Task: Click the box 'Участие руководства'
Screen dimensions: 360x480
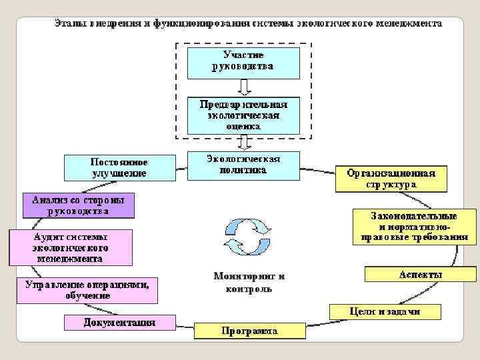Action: (x=243, y=61)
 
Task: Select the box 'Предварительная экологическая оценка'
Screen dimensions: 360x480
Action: (x=243, y=115)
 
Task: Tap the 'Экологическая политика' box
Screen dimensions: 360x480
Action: (x=243, y=165)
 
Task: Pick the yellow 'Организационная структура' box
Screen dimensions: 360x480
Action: (x=391, y=179)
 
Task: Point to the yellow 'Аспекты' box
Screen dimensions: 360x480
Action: (x=420, y=274)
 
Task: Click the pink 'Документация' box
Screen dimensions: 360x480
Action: (x=119, y=323)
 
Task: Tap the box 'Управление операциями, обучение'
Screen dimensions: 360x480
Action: (x=87, y=290)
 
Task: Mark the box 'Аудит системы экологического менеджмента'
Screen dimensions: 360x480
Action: (x=70, y=247)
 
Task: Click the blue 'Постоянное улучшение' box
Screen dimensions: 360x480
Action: (x=119, y=168)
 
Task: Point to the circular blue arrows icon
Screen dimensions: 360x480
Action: (x=247, y=236)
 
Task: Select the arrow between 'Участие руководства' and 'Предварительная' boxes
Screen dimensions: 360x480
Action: (x=243, y=87)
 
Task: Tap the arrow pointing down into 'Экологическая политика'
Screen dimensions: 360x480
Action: (x=243, y=142)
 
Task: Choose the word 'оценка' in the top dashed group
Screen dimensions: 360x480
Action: (x=243, y=125)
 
